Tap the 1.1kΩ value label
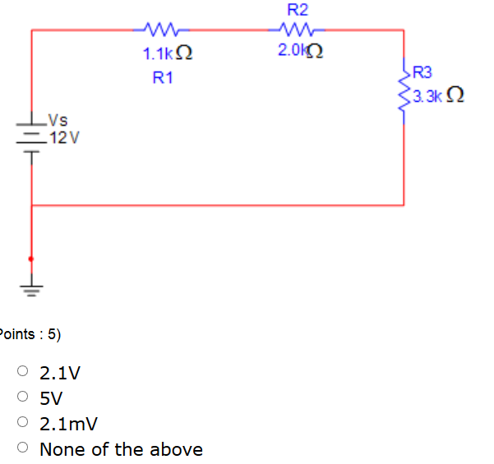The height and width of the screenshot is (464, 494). [168, 55]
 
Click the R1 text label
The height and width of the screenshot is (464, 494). [163, 79]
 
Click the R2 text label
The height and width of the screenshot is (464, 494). [298, 10]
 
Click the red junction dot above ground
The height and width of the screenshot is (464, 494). [31, 259]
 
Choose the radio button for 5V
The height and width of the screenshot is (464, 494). [24, 398]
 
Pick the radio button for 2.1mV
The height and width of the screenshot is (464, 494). [24, 423]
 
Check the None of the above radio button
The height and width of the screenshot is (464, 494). [24, 448]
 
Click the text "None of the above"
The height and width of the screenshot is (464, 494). [121, 449]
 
